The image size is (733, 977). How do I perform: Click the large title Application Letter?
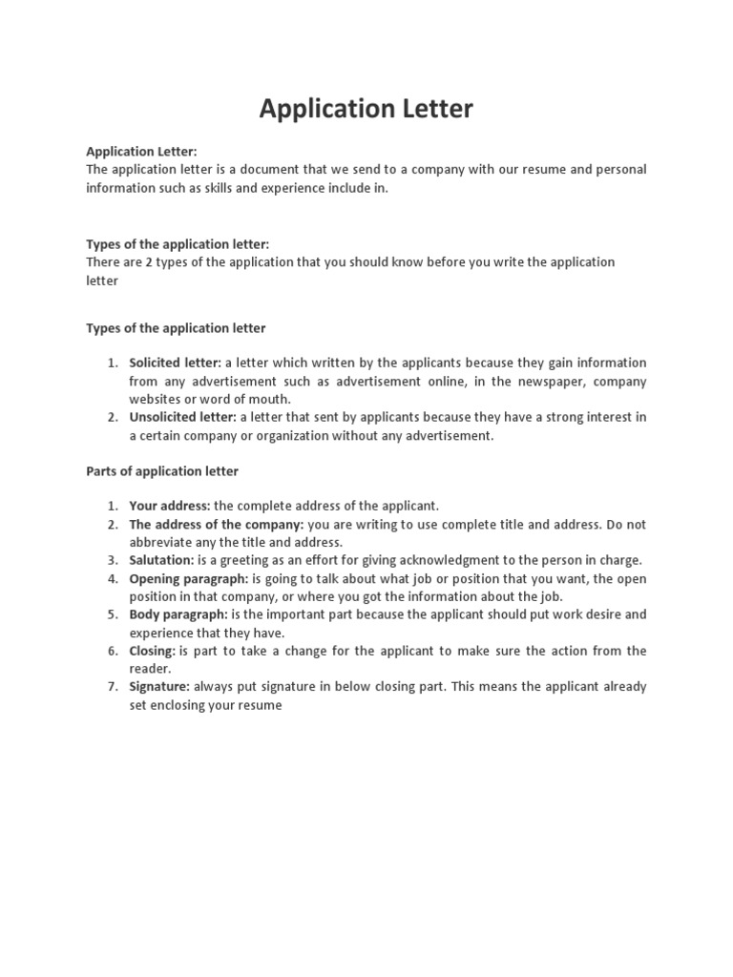[x=366, y=110]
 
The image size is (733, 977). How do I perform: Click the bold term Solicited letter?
[x=175, y=363]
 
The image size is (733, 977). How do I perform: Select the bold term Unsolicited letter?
[x=182, y=417]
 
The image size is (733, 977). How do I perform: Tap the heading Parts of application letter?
[x=162, y=471]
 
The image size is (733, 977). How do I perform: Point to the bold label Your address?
[x=169, y=506]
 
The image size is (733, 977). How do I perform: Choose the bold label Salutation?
[x=161, y=560]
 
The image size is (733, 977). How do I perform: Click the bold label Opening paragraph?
[x=188, y=578]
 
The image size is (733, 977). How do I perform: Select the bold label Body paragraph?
[x=178, y=614]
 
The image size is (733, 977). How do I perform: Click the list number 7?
[x=111, y=686]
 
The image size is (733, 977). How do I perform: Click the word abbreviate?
[x=161, y=542]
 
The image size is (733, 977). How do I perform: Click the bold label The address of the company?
[x=217, y=524]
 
